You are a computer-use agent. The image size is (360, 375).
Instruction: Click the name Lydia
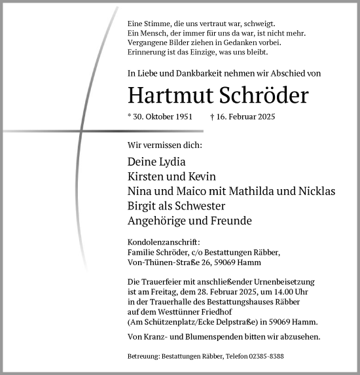point(170,162)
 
